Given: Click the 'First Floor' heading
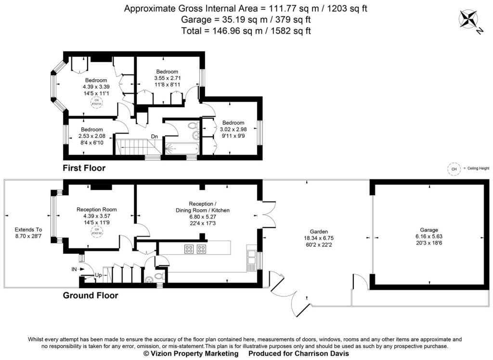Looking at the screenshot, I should click(84, 168).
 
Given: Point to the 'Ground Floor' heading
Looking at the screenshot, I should click(91, 295).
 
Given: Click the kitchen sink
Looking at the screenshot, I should click(251, 260).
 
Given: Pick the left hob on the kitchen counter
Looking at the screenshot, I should click(189, 249).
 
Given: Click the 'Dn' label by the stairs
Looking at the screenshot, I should click(155, 137).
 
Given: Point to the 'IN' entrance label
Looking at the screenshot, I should click(75, 269).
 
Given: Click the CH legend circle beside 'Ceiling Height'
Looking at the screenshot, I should click(453, 168).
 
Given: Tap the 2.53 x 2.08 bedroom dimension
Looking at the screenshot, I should click(91, 136).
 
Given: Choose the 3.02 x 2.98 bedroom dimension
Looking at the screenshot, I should click(233, 129).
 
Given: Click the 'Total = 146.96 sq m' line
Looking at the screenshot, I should click(246, 31).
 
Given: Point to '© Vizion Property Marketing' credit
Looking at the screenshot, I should click(191, 354).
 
